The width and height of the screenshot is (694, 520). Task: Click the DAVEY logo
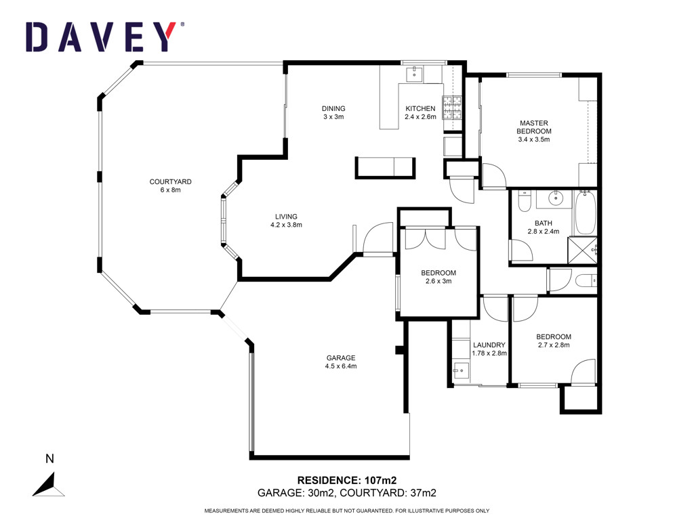click(104, 37)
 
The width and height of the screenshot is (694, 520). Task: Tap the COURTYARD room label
click(170, 181)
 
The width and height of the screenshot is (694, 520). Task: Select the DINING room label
click(333, 108)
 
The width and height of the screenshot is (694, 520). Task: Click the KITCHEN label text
click(420, 108)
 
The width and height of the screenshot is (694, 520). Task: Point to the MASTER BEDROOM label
click(534, 127)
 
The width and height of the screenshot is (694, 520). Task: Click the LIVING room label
click(286, 217)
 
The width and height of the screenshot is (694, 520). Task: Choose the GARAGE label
click(341, 358)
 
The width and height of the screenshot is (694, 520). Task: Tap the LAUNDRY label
click(489, 345)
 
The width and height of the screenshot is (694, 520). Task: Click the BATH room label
click(543, 223)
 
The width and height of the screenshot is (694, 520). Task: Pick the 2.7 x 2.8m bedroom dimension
click(554, 345)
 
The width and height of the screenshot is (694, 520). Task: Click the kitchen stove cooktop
click(452, 108)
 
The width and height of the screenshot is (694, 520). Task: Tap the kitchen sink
click(415, 74)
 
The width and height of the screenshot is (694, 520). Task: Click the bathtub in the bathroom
click(585, 213)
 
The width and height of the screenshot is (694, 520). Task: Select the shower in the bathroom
click(582, 251)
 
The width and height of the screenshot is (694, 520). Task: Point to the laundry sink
click(460, 370)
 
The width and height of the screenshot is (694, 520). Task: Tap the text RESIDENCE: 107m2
click(346, 480)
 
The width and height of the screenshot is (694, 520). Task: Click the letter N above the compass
click(49, 459)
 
